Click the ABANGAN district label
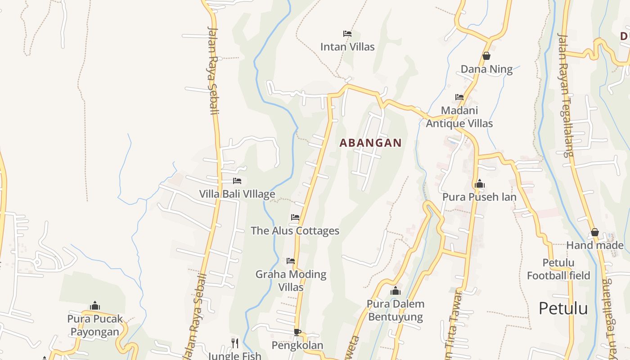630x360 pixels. click(370, 143)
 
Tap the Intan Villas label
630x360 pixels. click(347, 46)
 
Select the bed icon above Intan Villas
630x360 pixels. click(347, 34)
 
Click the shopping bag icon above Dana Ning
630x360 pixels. click(486, 56)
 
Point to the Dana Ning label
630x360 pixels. click(486, 69)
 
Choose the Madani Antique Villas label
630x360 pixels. click(459, 117)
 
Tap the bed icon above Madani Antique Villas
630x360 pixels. click(459, 97)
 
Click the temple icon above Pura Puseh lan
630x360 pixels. click(479, 184)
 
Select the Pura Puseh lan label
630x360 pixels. click(479, 197)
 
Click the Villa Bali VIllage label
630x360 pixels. click(237, 194)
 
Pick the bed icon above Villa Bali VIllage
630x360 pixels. click(237, 181)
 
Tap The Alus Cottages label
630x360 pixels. click(295, 231)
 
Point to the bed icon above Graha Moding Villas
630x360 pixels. click(291, 261)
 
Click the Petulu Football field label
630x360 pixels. click(558, 269)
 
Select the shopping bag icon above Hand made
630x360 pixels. click(594, 233)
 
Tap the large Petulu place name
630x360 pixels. click(563, 309)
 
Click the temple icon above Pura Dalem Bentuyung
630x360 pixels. click(396, 291)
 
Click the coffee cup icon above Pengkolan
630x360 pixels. click(297, 332)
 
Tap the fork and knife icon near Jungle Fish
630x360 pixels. click(235, 343)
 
